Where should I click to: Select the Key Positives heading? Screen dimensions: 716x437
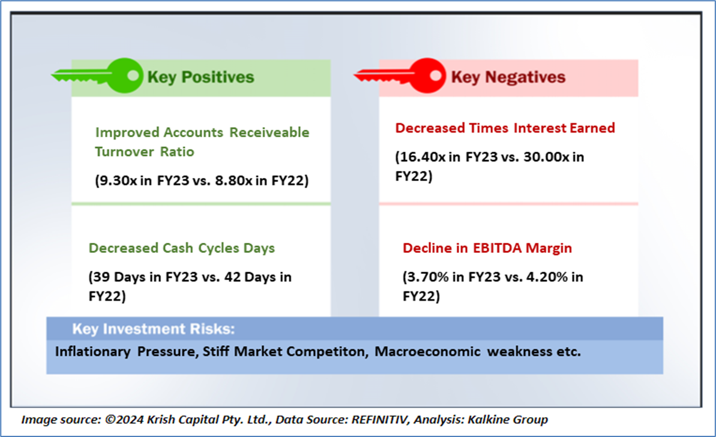(200, 77)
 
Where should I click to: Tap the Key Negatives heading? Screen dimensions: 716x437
(508, 77)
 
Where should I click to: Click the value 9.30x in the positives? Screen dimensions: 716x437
(118, 180)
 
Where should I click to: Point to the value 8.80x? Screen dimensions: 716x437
(234, 180)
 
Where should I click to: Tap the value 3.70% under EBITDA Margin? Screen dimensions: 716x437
(428, 277)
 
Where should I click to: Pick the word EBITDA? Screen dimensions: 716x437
(497, 248)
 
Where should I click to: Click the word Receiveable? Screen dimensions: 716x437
(269, 132)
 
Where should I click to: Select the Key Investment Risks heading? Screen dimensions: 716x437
(154, 329)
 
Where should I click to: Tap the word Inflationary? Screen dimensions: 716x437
(92, 352)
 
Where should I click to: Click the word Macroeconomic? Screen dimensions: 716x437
(427, 352)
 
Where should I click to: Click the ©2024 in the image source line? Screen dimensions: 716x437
(124, 420)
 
